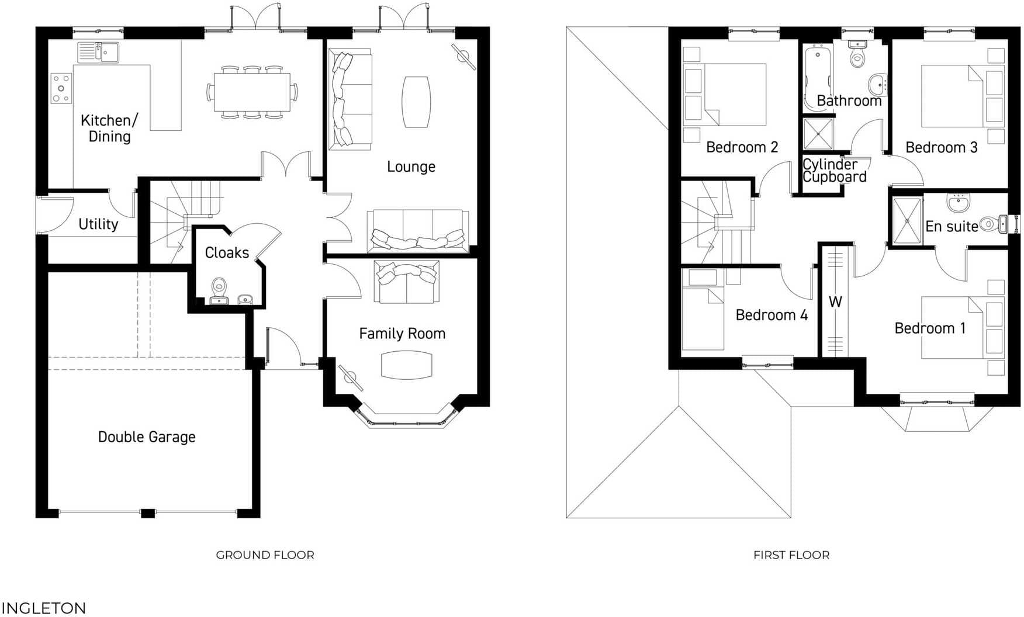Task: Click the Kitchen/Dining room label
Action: pyautogui.click(x=109, y=129)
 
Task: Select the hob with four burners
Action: pyautogui.click(x=61, y=88)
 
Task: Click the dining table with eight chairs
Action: pyautogui.click(x=252, y=92)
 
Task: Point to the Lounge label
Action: pyautogui.click(x=411, y=167)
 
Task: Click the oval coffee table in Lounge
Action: pyautogui.click(x=416, y=102)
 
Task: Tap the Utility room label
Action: pyautogui.click(x=98, y=224)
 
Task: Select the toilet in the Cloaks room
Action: pyautogui.click(x=219, y=286)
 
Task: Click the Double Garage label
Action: pyautogui.click(x=147, y=437)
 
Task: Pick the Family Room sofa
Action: pyautogui.click(x=407, y=282)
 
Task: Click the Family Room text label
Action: pyautogui.click(x=402, y=334)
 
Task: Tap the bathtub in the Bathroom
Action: pyautogui.click(x=817, y=76)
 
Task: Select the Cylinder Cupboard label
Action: pyautogui.click(x=833, y=171)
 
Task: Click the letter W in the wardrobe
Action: pyautogui.click(x=835, y=302)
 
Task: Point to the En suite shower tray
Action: pyautogui.click(x=907, y=221)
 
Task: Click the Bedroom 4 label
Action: pyautogui.click(x=772, y=316)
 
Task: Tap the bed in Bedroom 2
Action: pyautogui.click(x=735, y=95)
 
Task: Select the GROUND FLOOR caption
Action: pyautogui.click(x=265, y=555)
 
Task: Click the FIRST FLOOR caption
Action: pyautogui.click(x=791, y=555)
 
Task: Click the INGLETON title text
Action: pyautogui.click(x=44, y=608)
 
